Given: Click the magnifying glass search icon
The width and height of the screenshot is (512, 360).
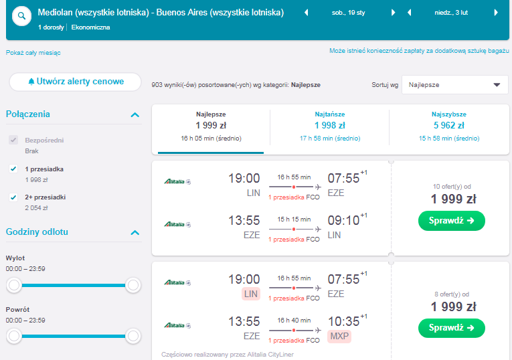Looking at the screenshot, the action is [x=21, y=15].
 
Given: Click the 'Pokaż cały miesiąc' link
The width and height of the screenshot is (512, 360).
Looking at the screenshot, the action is [x=33, y=53].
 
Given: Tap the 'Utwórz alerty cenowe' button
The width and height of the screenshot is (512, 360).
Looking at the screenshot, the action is [x=76, y=82].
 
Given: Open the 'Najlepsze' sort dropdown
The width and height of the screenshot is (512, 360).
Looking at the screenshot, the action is [x=455, y=85].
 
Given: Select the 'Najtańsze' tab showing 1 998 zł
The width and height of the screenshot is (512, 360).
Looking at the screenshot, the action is [x=330, y=126].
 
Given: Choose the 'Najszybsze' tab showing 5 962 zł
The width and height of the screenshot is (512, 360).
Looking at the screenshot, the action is [x=449, y=126].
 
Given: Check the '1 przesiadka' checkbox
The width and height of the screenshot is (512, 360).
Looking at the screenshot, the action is [x=13, y=169].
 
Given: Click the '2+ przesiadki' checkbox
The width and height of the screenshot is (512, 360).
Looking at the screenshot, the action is [x=13, y=197].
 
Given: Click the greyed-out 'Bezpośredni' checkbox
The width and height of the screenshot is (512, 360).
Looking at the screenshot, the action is [x=13, y=140].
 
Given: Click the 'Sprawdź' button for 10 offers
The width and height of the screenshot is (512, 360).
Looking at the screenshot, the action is [x=452, y=221].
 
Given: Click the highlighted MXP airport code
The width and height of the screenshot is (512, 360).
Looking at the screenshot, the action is [x=339, y=336].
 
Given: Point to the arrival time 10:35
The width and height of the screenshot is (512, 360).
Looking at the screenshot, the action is [x=343, y=321].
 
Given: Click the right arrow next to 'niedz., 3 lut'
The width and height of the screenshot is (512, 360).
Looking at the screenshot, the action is [x=496, y=13].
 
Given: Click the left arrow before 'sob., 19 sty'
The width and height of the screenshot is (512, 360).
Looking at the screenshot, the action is [x=307, y=13].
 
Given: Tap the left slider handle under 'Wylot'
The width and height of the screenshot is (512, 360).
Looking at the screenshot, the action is [x=14, y=285].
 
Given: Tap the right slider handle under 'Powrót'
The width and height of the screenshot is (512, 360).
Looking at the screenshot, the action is [x=133, y=336].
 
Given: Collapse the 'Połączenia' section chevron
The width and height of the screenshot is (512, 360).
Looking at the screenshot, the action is [x=135, y=115].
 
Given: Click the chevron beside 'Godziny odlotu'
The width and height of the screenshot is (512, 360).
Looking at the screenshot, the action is [x=135, y=233].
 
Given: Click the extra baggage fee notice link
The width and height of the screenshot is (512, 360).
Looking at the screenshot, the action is [x=419, y=51].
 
